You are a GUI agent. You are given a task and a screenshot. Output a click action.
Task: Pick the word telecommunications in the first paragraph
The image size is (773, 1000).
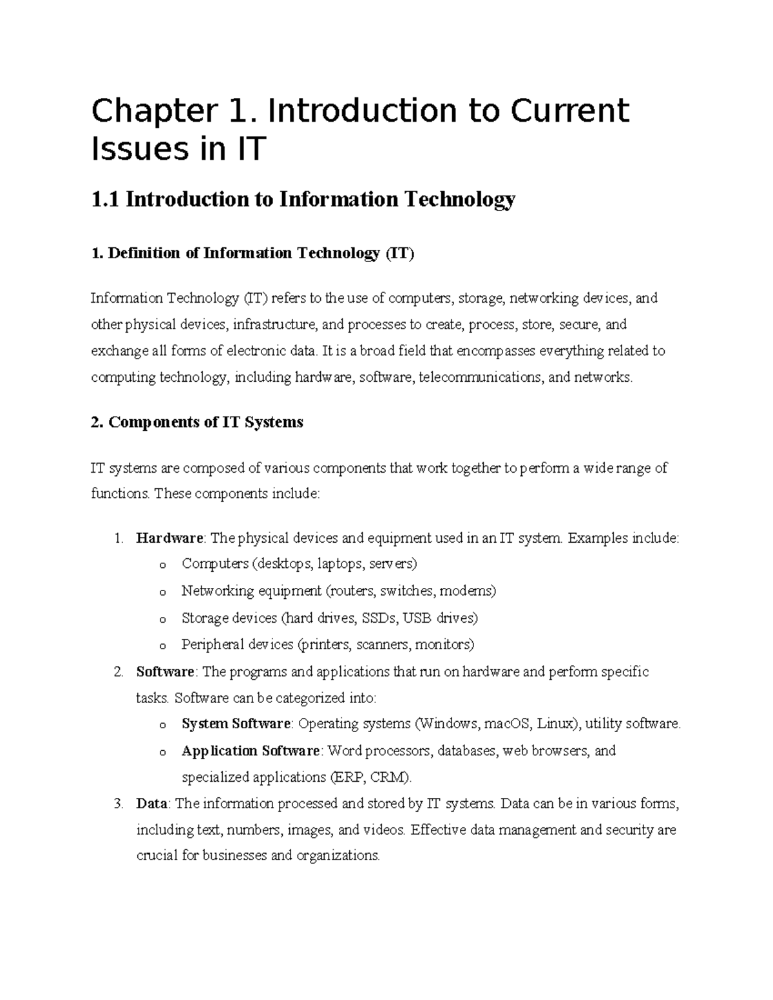pos(480,377)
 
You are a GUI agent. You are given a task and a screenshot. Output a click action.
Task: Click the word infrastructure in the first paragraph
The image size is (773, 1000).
pos(274,325)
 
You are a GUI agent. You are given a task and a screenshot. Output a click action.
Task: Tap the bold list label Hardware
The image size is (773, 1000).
pos(169,538)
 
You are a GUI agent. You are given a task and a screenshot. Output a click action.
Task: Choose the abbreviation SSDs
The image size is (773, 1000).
pos(380,618)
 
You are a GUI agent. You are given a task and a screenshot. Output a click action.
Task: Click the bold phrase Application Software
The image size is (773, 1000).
pos(251,751)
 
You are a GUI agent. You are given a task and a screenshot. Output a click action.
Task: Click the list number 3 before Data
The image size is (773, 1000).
pos(117,804)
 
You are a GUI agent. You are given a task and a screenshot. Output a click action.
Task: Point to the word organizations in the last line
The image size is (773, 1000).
pos(338,856)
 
